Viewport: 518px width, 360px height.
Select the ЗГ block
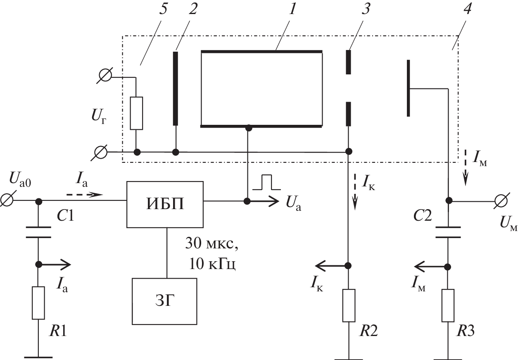(164, 301)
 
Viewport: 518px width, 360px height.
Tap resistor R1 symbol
(38, 303)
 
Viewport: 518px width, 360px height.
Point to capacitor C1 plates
(38, 232)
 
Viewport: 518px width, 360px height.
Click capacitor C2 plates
(448, 232)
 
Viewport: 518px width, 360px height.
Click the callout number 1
(292, 11)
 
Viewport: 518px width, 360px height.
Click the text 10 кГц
(212, 264)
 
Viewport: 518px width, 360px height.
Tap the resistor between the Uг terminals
(136, 113)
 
